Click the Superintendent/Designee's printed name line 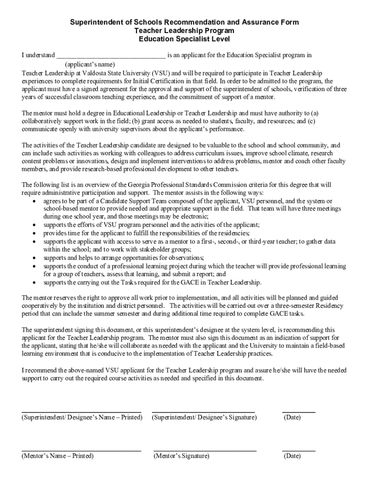[81, 411]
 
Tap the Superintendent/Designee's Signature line [203, 411]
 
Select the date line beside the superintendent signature [299, 411]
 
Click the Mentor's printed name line [81, 450]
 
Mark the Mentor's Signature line [205, 450]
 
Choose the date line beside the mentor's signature [299, 450]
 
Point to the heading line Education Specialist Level [184, 39]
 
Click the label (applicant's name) [90, 64]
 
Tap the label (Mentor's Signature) [182, 456]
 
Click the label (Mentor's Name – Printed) [58, 456]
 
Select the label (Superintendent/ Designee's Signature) [204, 417]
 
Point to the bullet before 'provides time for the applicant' [34, 233]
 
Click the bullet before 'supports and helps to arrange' [34, 258]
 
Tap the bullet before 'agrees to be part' [34, 201]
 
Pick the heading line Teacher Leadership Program [184, 31]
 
